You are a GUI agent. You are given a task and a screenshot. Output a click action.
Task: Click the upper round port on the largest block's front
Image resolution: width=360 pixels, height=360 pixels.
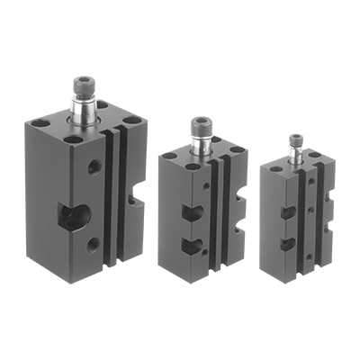93,167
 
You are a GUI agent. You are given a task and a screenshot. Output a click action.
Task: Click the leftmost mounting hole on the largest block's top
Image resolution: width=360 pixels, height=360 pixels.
38,123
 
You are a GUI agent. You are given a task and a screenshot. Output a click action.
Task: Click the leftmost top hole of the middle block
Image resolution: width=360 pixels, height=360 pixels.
166,156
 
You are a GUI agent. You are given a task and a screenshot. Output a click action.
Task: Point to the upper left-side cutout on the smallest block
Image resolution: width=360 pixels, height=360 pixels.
285,212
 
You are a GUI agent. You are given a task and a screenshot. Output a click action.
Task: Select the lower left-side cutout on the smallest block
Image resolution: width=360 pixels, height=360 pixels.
285,243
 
